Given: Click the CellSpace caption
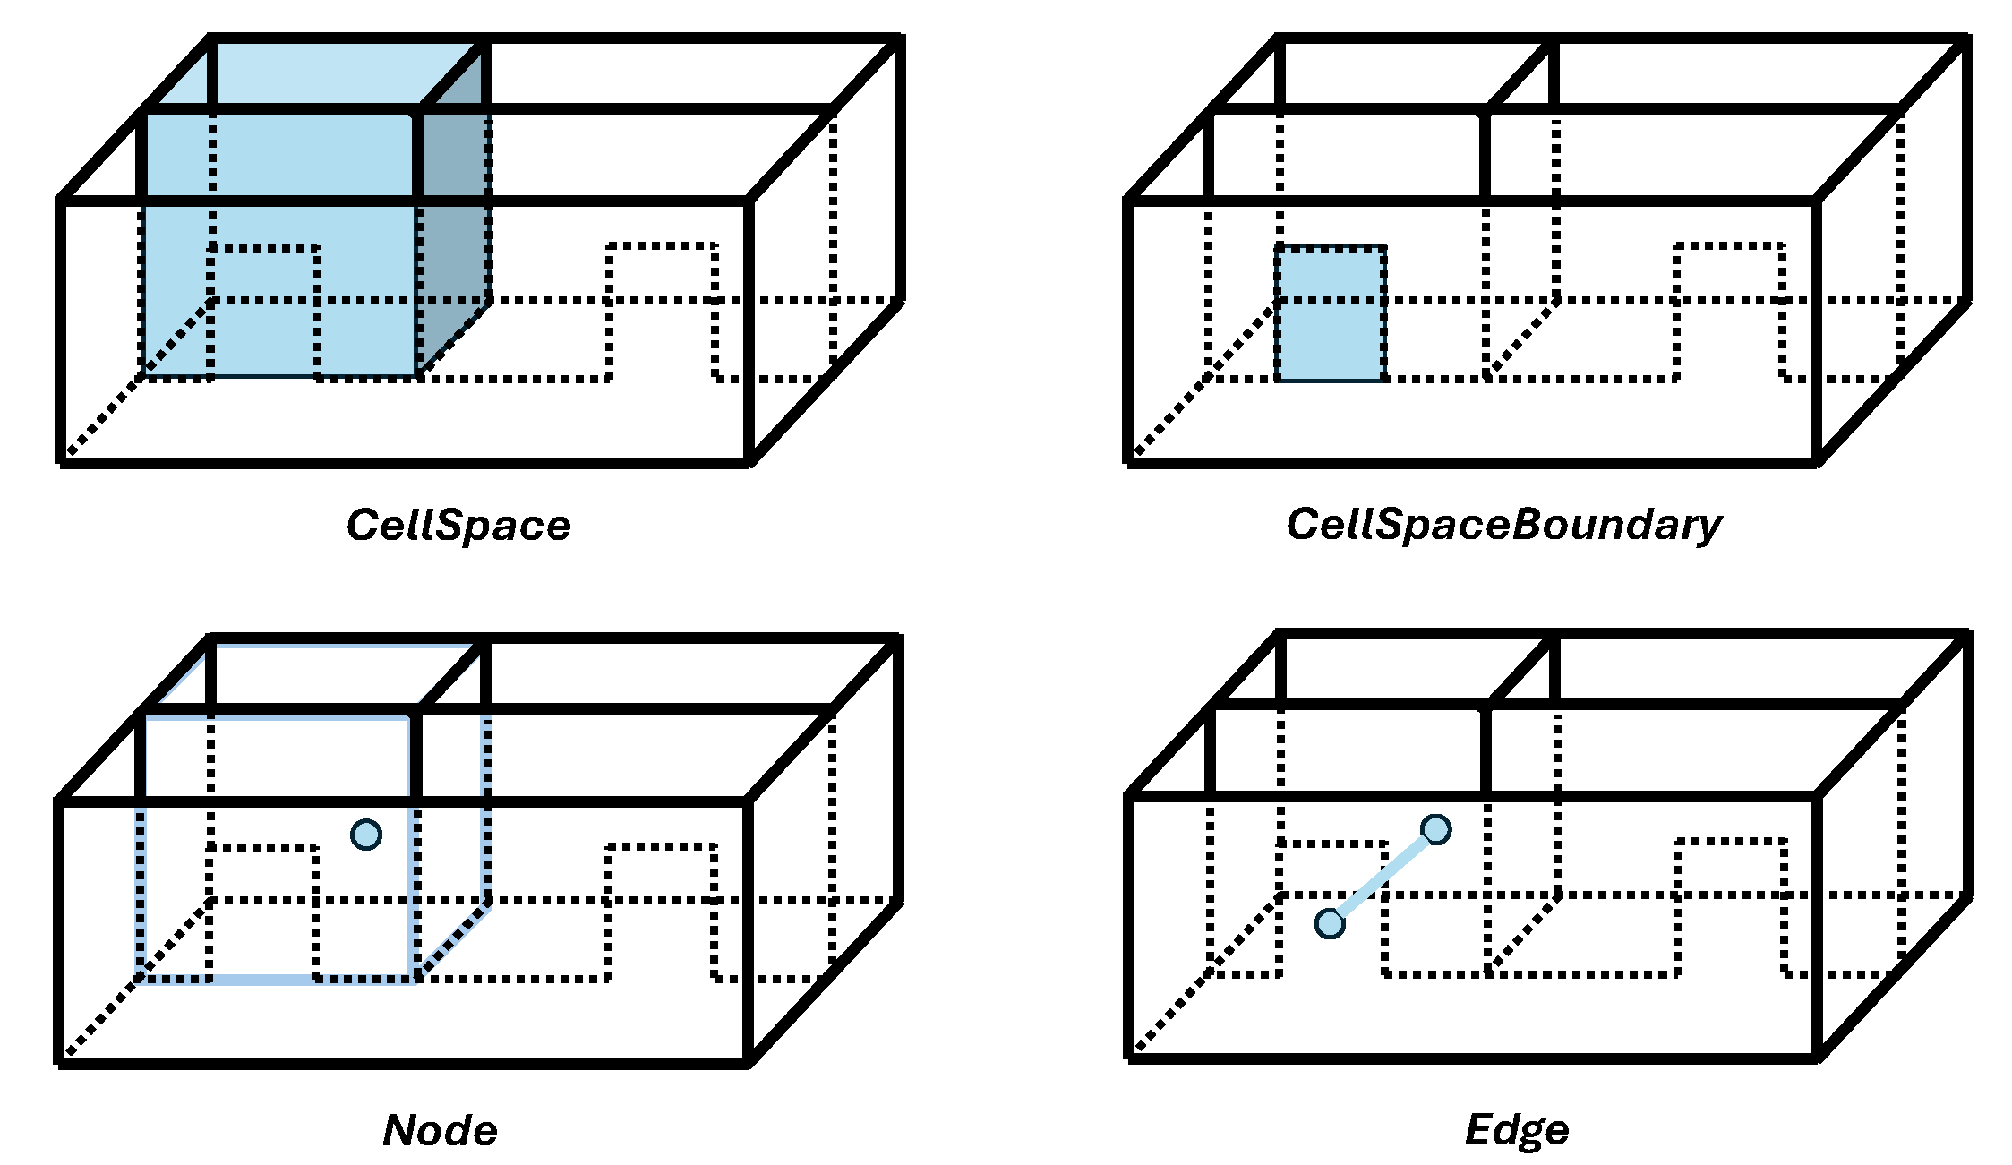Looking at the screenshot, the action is [x=458, y=526].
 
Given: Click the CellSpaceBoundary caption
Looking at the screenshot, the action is [x=1503, y=526].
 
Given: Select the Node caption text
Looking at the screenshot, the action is [x=440, y=1130].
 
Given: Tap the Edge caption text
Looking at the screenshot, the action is [x=1517, y=1130].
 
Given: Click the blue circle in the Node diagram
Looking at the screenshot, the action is [x=366, y=835].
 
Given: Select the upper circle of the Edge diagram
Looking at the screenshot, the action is [x=1435, y=830].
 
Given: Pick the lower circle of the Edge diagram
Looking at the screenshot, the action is [x=1330, y=923].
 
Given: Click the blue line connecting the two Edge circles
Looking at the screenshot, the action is [x=1383, y=877].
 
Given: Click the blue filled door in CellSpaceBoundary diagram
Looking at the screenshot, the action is [x=1331, y=313].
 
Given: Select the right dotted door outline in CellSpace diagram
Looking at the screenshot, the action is [x=662, y=246].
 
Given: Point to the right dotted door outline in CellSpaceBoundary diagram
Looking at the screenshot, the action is [x=1729, y=246].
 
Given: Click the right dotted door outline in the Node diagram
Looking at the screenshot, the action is [x=662, y=847].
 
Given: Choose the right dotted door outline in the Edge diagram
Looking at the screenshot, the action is [x=1729, y=843].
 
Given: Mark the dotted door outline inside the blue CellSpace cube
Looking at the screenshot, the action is [x=263, y=250].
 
